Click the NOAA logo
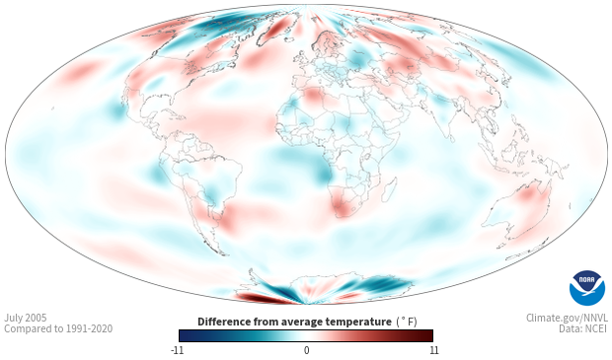point(587,288)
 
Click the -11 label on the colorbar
point(177,350)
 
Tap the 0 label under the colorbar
point(306,350)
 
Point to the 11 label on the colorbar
point(434,350)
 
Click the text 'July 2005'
point(26,318)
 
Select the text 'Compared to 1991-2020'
point(58,328)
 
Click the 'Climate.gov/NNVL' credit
point(567,318)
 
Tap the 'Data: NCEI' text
point(583,328)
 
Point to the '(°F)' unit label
point(407,323)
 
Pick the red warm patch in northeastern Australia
point(528,193)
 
